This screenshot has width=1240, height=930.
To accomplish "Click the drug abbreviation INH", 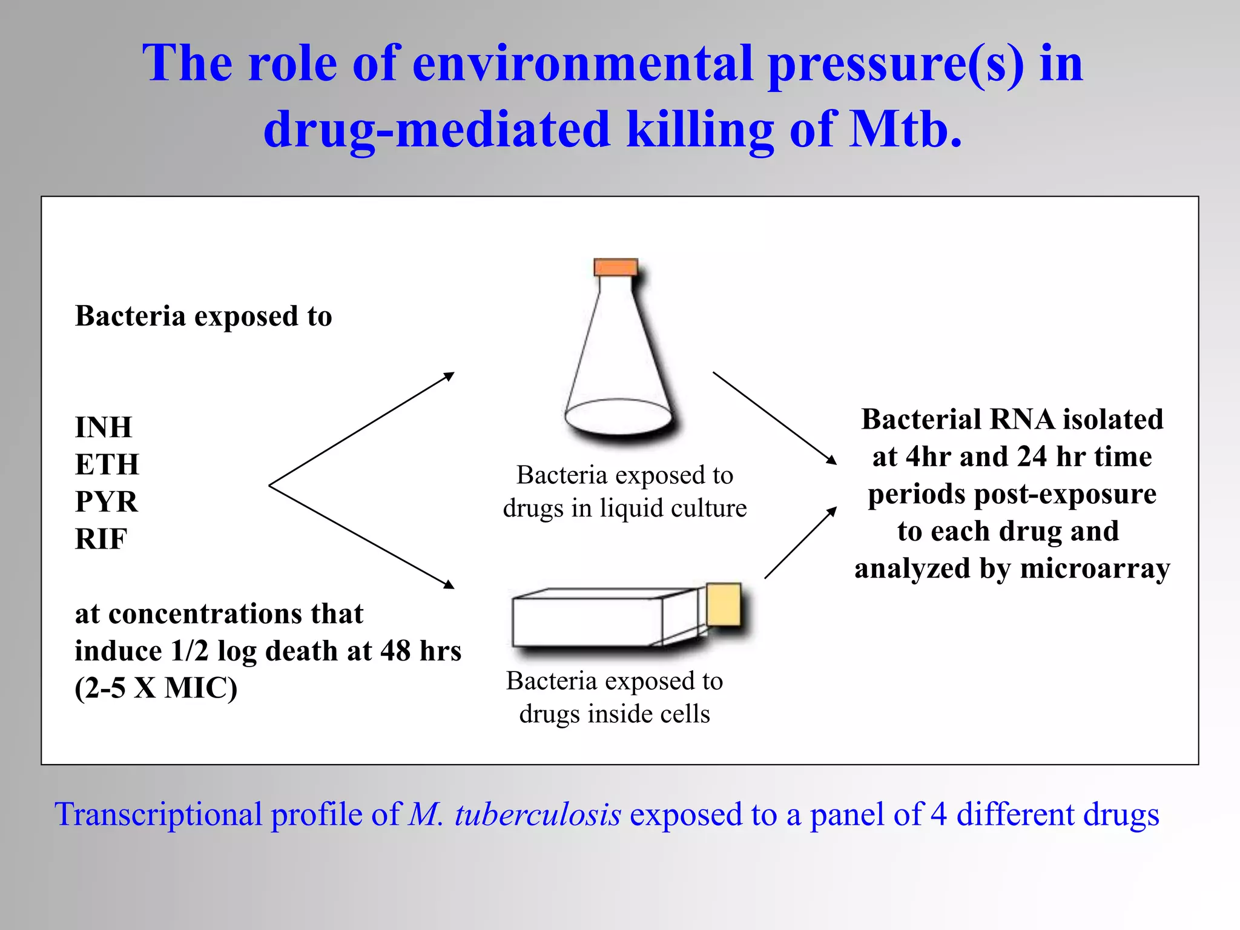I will tap(103, 427).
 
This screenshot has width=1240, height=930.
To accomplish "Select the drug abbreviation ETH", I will tap(107, 465).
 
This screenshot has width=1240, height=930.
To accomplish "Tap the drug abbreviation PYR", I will tap(106, 502).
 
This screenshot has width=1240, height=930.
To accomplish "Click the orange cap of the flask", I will tap(616, 268).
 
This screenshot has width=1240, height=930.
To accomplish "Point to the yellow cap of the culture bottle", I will tap(724, 604).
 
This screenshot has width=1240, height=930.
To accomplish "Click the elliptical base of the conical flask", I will tap(618, 417).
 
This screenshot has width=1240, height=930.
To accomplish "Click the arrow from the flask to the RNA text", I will tap(774, 418).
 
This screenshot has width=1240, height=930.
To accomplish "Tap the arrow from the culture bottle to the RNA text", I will tap(800, 542).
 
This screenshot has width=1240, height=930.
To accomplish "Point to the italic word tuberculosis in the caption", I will tap(538, 814).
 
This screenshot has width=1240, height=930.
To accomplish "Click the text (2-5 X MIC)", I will tap(156, 688).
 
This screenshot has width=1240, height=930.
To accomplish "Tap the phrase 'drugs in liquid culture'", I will tap(625, 509).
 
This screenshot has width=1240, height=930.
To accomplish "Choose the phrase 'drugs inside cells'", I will tap(615, 714).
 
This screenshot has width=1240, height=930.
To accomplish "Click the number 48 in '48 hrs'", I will tap(395, 651).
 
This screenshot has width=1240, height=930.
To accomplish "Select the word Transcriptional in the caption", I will tap(158, 814).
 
